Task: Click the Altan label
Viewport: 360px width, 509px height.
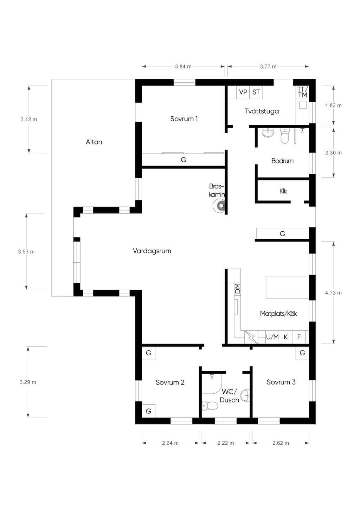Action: [x=94, y=142]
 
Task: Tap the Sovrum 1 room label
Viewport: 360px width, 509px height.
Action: [x=184, y=118]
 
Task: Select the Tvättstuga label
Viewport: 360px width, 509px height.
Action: [x=262, y=111]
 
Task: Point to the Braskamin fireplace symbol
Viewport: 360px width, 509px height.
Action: [x=219, y=206]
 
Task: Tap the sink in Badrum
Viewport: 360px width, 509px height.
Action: [x=268, y=133]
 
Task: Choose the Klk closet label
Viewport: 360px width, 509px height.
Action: [x=283, y=191]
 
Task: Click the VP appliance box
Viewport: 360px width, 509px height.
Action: [x=243, y=92]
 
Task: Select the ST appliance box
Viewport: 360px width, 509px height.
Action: [x=256, y=92]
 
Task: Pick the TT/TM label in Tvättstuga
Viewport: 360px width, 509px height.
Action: [x=302, y=92]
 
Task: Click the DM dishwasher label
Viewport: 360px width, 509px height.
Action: [x=238, y=289]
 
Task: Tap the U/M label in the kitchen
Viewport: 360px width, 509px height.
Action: [x=272, y=337]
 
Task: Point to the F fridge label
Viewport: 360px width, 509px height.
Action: [x=299, y=337]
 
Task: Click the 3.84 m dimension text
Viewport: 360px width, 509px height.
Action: [x=183, y=66]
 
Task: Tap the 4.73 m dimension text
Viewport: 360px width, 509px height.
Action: [x=333, y=293]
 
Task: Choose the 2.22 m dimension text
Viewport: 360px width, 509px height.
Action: [x=226, y=443]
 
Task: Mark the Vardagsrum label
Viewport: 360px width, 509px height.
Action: [x=152, y=251]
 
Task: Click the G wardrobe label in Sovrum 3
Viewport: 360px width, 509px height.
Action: [x=302, y=353]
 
